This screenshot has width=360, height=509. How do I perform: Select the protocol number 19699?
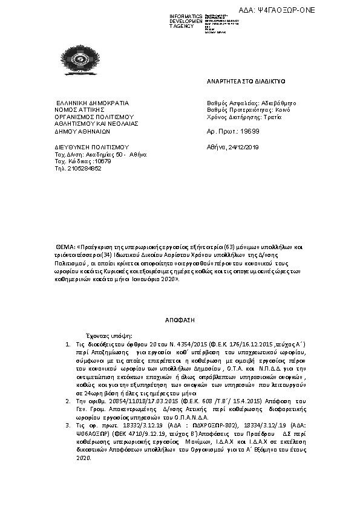click(x=250, y=131)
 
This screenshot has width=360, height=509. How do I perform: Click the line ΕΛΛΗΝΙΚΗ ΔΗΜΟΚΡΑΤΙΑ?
click(x=84, y=103)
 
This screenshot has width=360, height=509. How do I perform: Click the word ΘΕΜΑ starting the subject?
click(x=64, y=248)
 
